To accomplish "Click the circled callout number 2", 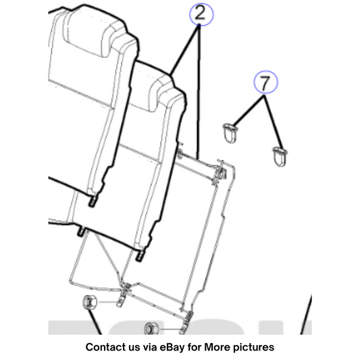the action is point(201,14).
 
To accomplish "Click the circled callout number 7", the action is point(265,82).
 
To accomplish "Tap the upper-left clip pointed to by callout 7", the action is point(230,132).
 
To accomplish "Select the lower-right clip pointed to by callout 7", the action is point(280,156).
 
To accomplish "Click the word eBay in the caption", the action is point(172,347).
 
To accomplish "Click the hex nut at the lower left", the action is point(90,302).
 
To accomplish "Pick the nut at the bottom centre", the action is point(151,328).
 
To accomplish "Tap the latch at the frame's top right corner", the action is point(220,171).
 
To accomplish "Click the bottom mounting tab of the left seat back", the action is point(93,201).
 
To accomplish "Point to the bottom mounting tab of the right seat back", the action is point(140,255).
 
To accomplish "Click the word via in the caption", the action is point(149,347).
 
